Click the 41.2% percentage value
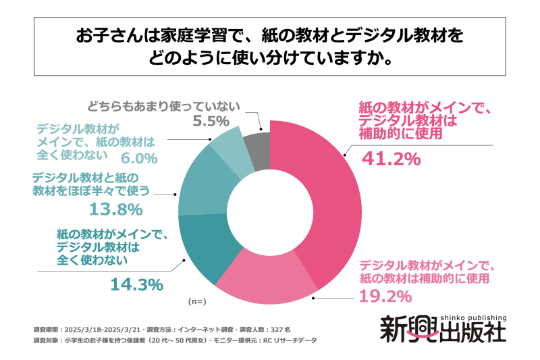392,159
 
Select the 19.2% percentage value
385,296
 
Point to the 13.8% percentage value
113,208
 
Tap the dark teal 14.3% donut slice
207,253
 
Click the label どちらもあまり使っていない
163,106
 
